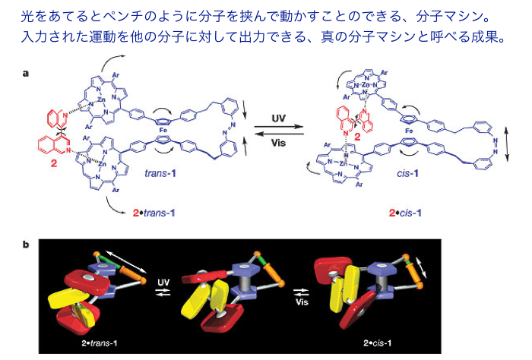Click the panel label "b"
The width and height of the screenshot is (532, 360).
(27, 245)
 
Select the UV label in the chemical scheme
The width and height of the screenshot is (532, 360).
(280, 118)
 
